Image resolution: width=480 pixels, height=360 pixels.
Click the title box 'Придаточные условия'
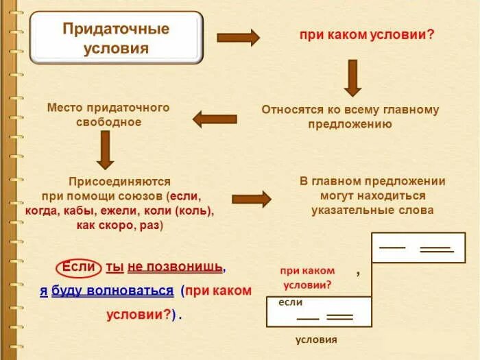pyautogui.click(x=116, y=38)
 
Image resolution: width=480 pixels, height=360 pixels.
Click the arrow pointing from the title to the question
pyautogui.click(x=238, y=38)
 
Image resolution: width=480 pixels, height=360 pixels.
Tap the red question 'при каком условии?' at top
pyautogui.click(x=366, y=34)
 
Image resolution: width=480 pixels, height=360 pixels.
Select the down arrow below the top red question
pyautogui.click(x=352, y=77)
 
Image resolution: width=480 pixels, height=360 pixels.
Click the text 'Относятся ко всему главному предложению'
pyautogui.click(x=350, y=117)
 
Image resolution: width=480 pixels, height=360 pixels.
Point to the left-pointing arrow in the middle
pyautogui.click(x=215, y=119)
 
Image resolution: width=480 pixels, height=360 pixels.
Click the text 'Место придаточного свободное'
pyautogui.click(x=108, y=115)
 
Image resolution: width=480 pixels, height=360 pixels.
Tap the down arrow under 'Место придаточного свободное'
pyautogui.click(x=105, y=149)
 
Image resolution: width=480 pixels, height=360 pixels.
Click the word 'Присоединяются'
pyautogui.click(x=119, y=182)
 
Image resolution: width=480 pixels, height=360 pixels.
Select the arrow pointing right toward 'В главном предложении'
pyautogui.click(x=251, y=199)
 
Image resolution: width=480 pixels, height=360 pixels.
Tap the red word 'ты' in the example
pyautogui.click(x=114, y=266)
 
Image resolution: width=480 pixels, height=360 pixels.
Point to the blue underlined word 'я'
pyautogui.click(x=43, y=290)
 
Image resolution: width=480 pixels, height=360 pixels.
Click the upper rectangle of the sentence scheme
pyautogui.click(x=418, y=248)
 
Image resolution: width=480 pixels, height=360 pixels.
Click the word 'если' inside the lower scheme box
pyautogui.click(x=290, y=302)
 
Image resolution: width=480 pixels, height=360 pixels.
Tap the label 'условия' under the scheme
pyautogui.click(x=316, y=339)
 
